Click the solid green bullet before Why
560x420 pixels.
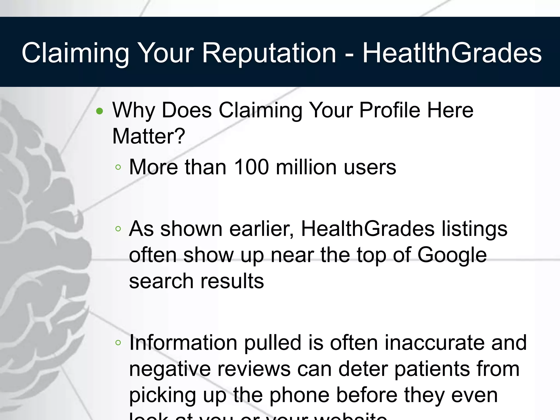pos(100,111)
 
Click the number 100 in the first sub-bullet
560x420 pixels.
pos(252,167)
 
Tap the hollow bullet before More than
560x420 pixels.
pos(118,167)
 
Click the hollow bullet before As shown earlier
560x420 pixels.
pos(118,229)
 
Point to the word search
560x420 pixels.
pos(161,281)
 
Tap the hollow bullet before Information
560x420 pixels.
pos(118,343)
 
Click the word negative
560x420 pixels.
pos(170,369)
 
